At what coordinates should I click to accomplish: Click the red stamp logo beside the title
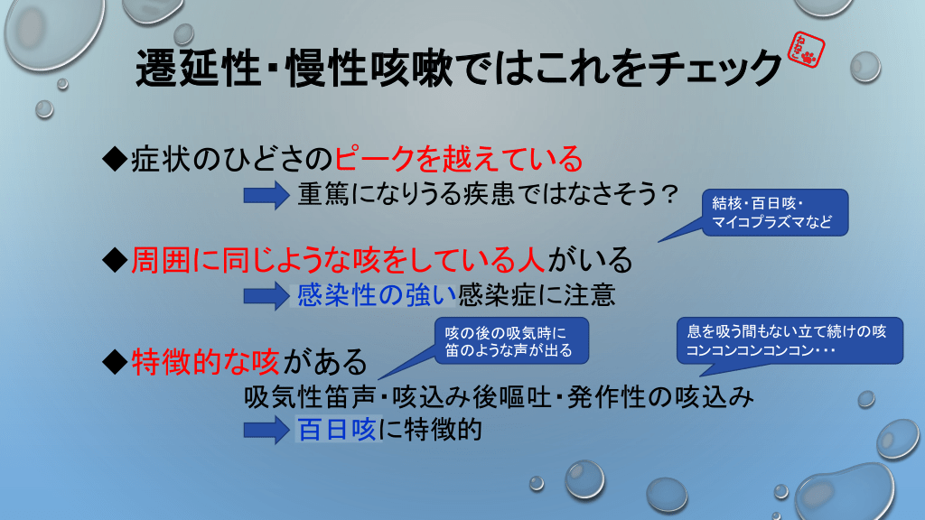(x=807, y=51)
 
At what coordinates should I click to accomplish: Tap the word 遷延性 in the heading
(x=198, y=68)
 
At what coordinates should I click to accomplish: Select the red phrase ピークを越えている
(x=459, y=159)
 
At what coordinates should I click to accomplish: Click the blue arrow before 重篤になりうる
(x=266, y=195)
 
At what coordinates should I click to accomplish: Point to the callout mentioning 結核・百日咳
(x=774, y=212)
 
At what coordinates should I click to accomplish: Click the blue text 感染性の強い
(x=377, y=295)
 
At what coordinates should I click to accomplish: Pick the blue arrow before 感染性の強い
(x=266, y=295)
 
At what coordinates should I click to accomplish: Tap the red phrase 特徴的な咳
(x=205, y=361)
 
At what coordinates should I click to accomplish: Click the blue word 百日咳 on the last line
(x=337, y=429)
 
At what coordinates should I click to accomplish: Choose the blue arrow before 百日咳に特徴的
(x=266, y=430)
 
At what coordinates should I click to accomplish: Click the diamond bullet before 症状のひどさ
(x=115, y=159)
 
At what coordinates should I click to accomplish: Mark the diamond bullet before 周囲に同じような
(x=115, y=260)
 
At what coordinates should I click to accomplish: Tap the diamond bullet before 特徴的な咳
(x=115, y=361)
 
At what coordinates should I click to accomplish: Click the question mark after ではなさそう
(x=669, y=194)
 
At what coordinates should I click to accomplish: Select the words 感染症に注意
(x=537, y=295)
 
